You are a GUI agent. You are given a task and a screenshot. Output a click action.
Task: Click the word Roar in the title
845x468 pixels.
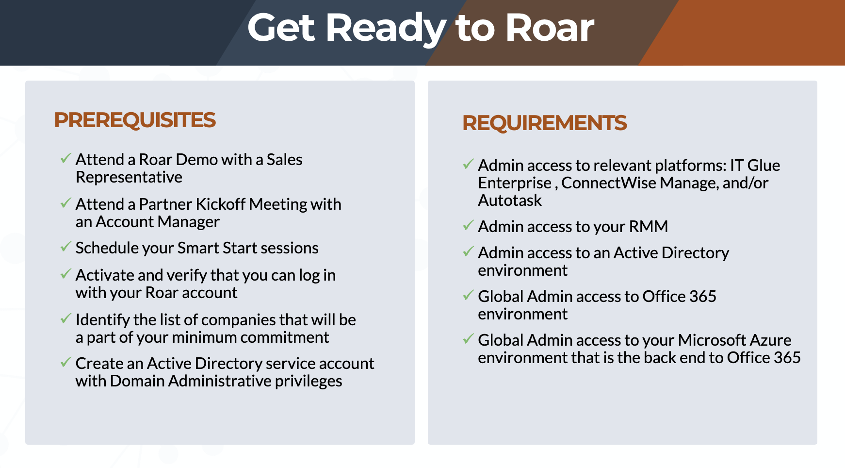click(550, 28)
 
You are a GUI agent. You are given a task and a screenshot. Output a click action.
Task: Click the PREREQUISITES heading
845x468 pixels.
click(135, 120)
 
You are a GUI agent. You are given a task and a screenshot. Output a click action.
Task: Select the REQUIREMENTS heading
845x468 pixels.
click(544, 123)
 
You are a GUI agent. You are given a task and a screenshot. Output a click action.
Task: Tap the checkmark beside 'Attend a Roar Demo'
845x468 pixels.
click(65, 159)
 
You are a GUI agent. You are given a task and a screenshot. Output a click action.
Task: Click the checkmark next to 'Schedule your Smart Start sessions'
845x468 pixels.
click(65, 247)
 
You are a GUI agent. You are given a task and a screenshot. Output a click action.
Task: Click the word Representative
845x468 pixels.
click(129, 178)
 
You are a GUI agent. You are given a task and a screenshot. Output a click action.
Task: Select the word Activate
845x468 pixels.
click(105, 275)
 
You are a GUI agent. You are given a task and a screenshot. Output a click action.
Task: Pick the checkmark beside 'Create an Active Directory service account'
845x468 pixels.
click(65, 363)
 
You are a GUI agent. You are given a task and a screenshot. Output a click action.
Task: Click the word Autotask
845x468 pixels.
click(510, 201)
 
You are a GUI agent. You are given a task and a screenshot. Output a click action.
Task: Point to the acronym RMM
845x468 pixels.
click(649, 227)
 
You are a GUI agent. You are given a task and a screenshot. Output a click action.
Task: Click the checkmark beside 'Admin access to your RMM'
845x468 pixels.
click(468, 226)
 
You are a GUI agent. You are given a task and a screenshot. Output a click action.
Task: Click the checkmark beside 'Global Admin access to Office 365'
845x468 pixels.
click(468, 296)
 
